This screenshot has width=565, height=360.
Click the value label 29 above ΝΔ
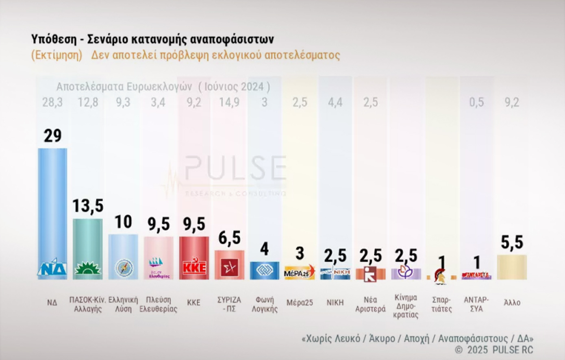[52, 136]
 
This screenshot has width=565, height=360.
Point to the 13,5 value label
[87, 206]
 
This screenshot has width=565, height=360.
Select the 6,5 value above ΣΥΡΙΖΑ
[229, 238]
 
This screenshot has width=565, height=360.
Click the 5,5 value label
[512, 242]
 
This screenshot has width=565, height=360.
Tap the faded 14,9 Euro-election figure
[229, 102]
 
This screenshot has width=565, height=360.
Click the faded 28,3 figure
[52, 102]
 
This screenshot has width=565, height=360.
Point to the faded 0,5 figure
[476, 102]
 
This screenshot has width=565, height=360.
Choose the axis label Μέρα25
[300, 303]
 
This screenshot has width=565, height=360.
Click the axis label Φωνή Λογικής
[265, 304]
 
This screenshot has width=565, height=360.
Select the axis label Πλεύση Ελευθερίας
[159, 304]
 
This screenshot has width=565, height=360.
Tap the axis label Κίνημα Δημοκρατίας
[406, 306]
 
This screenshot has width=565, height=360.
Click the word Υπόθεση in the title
[54, 39]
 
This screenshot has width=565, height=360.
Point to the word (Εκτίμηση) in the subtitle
[57, 55]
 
